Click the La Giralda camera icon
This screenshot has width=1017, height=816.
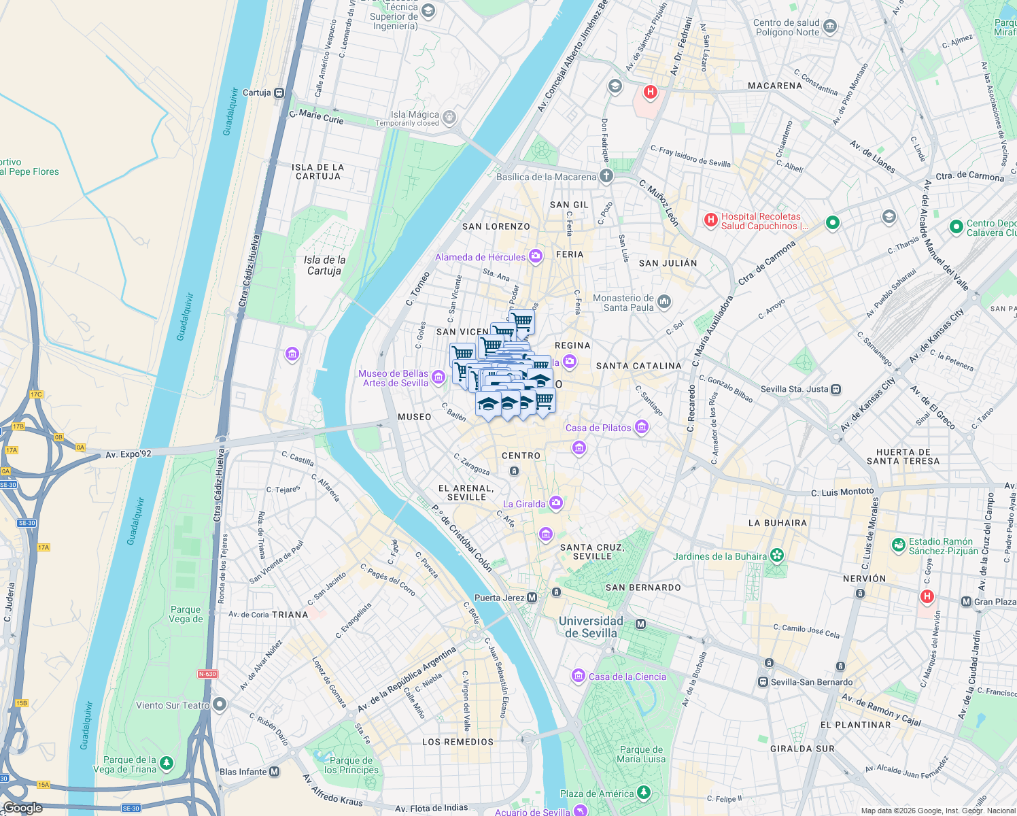[x=556, y=503]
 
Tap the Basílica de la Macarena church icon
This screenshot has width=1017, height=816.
[x=606, y=176]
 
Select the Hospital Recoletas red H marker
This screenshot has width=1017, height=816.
[x=710, y=220]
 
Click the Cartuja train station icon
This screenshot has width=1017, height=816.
[x=279, y=93]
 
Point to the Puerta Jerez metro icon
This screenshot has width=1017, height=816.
[x=532, y=598]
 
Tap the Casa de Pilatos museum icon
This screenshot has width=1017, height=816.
[x=641, y=427]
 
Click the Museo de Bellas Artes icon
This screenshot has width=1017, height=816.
[x=438, y=377]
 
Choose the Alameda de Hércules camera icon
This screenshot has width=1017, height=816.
[x=536, y=256]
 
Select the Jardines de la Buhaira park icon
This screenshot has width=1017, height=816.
[x=778, y=556]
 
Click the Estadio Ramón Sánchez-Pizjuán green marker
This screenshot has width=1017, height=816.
[x=898, y=545]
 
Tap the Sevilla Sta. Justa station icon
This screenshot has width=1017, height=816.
[x=836, y=390]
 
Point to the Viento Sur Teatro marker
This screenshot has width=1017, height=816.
[x=219, y=704]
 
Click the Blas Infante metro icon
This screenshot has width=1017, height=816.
[x=274, y=772]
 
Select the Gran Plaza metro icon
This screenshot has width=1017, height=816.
[x=966, y=602]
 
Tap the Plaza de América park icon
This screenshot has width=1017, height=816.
[x=643, y=793]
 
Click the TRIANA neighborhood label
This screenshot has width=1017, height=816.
[x=290, y=615]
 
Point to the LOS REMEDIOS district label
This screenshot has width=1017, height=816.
[x=458, y=742]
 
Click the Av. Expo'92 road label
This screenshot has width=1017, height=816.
[x=128, y=454]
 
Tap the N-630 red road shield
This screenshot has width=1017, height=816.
[x=207, y=674]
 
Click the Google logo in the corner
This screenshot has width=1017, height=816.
[x=22, y=808]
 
